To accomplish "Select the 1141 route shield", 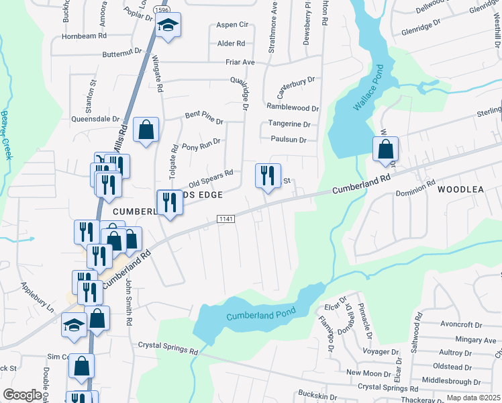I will point(225,220).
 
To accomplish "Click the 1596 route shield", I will point(161,11).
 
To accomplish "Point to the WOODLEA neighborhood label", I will point(460,189).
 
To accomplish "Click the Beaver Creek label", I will point(7,134).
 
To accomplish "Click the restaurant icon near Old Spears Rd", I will point(268,175).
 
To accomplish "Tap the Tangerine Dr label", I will point(289,124).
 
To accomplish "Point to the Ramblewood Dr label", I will point(293,107).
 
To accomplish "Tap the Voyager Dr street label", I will point(380,351).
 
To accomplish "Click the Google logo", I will point(22,395).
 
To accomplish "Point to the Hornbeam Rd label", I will point(85,36).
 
